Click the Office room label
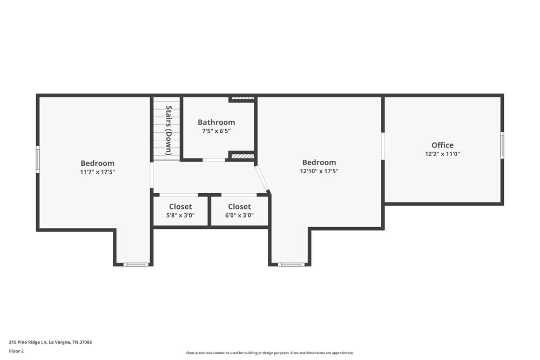(x=442, y=145)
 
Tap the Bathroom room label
(x=216, y=123)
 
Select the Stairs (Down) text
(x=168, y=130)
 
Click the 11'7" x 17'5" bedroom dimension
(x=98, y=172)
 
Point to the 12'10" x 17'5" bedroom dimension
(x=319, y=171)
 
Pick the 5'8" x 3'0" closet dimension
(x=180, y=215)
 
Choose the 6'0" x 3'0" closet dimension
(x=239, y=215)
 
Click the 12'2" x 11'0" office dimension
(x=442, y=154)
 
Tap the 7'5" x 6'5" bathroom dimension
(x=216, y=131)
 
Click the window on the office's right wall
(x=502, y=145)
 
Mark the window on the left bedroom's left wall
(x=38, y=159)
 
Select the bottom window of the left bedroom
(x=136, y=264)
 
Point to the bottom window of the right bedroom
(x=291, y=264)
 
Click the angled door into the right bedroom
(x=262, y=179)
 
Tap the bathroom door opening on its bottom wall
(x=214, y=160)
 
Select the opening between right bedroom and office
(x=383, y=146)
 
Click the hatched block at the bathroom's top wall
(x=242, y=99)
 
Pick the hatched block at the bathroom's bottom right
(x=242, y=156)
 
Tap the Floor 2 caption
(x=16, y=351)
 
